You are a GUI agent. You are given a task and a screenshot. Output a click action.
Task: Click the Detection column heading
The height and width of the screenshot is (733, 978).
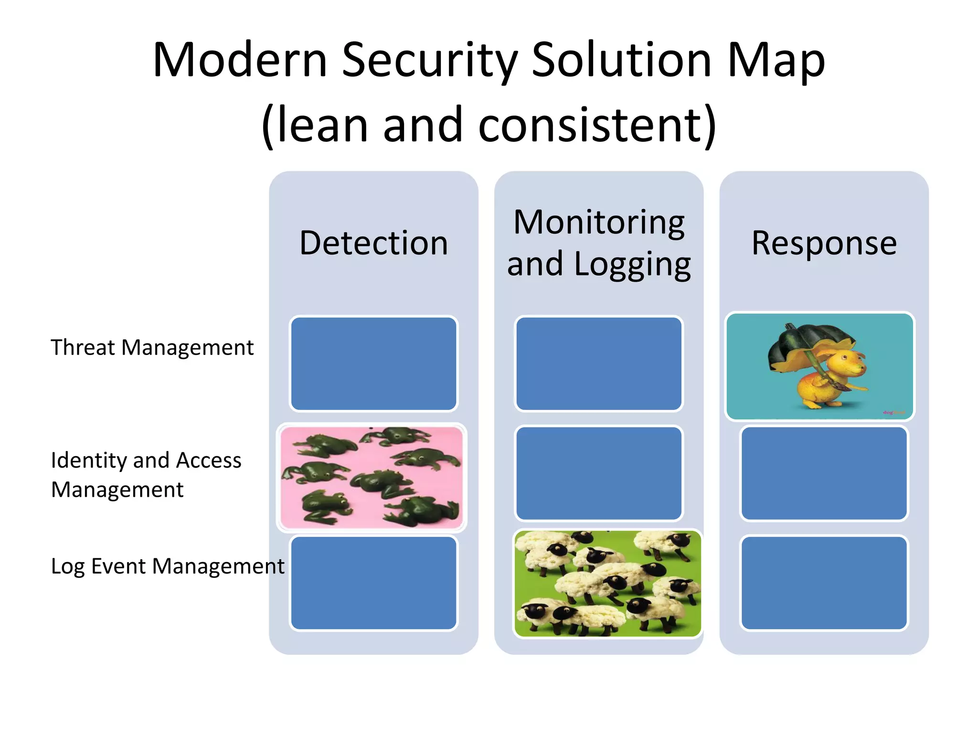[x=373, y=243]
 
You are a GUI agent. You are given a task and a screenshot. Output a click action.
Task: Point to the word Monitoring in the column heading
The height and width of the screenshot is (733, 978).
[x=599, y=222]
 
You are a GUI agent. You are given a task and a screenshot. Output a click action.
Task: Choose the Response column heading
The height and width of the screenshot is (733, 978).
[x=824, y=243]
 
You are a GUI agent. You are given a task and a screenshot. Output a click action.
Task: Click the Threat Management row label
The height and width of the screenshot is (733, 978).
[x=152, y=347]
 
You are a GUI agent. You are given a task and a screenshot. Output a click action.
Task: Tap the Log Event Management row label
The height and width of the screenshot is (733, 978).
[x=167, y=566]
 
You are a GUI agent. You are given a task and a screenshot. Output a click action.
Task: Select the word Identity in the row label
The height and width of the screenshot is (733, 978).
[x=88, y=461]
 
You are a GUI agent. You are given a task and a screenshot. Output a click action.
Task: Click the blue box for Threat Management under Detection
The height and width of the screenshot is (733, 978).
[x=373, y=364]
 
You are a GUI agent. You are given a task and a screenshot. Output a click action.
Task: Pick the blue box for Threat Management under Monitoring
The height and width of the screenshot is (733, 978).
[x=599, y=364]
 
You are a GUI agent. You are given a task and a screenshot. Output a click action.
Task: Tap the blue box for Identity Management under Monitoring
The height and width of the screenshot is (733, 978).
[x=599, y=473]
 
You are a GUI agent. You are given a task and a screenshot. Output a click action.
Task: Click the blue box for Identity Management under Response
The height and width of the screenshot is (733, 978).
[x=824, y=473]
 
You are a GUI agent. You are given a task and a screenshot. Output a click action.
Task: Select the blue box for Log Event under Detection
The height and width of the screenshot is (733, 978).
[x=373, y=583]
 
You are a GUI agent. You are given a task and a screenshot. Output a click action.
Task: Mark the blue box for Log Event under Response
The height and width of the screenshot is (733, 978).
[x=824, y=583]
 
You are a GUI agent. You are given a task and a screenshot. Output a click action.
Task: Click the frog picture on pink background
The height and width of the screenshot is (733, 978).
[x=371, y=477]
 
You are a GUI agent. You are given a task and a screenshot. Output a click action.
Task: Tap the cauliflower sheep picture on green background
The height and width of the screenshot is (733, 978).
[x=607, y=583]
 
